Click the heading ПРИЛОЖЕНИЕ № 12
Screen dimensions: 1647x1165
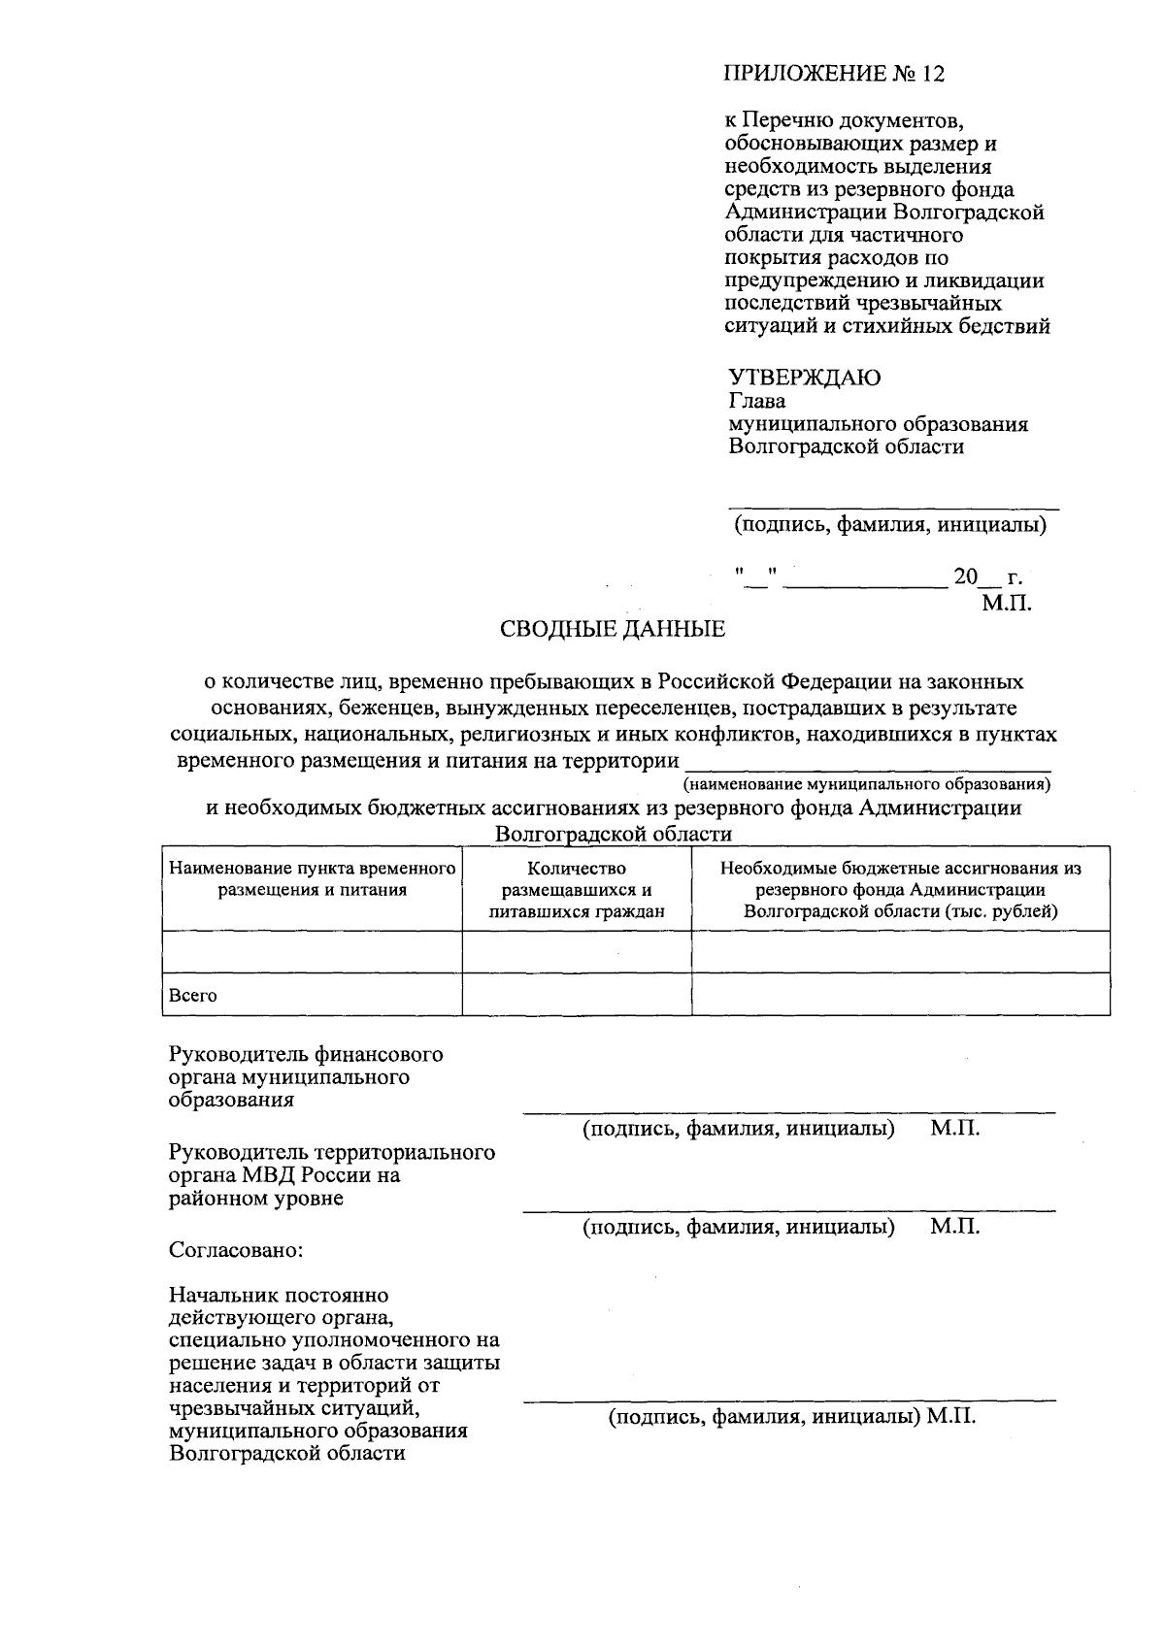[834, 74]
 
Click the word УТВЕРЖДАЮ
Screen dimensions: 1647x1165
[804, 378]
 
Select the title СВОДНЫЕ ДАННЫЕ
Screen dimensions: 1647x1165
[612, 629]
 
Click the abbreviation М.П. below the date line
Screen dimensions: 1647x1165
[1006, 603]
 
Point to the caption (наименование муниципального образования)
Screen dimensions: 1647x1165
[867, 783]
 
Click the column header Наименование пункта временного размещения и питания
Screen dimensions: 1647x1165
[312, 878]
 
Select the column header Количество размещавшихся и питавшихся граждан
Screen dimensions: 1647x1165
[577, 890]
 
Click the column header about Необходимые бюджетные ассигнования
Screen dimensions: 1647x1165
[900, 890]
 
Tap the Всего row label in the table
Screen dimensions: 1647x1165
[193, 996]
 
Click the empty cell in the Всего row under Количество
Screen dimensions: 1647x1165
[577, 995]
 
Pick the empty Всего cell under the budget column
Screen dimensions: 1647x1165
[900, 995]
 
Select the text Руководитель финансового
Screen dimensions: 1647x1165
[306, 1054]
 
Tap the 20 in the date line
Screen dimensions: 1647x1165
[965, 576]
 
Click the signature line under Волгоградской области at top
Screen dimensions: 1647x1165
[893, 507]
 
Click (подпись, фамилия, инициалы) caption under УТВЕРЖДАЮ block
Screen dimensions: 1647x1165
[889, 526]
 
